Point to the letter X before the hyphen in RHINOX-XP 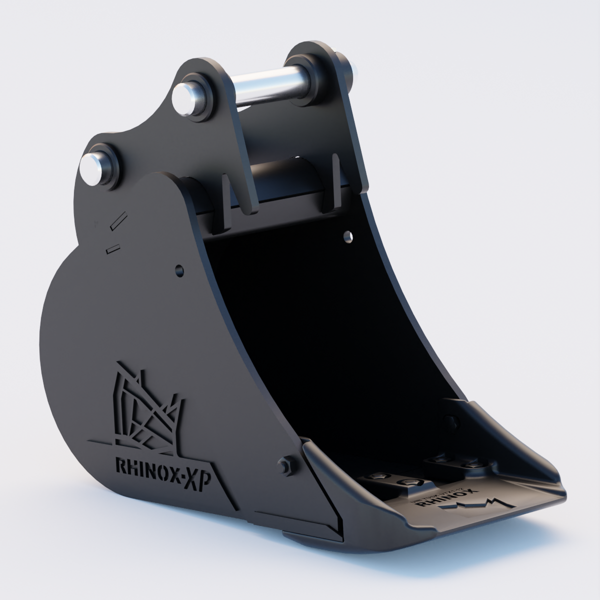pyautogui.click(x=179, y=479)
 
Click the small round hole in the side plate pyautogui.click(x=178, y=270)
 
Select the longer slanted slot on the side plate pyautogui.click(x=119, y=220)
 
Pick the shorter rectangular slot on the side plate pyautogui.click(x=113, y=247)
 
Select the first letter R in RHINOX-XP pyautogui.click(x=121, y=466)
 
